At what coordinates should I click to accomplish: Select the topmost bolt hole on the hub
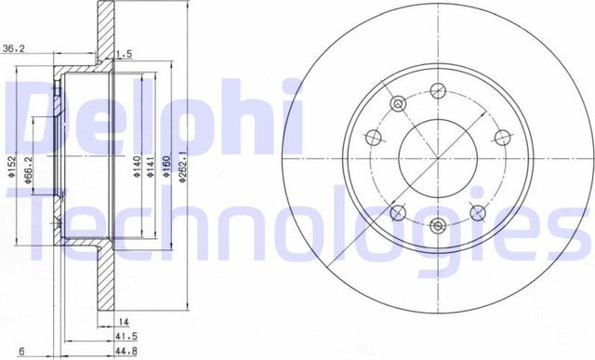tap(437, 91)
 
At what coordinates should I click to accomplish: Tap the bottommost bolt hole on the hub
tap(437, 223)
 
